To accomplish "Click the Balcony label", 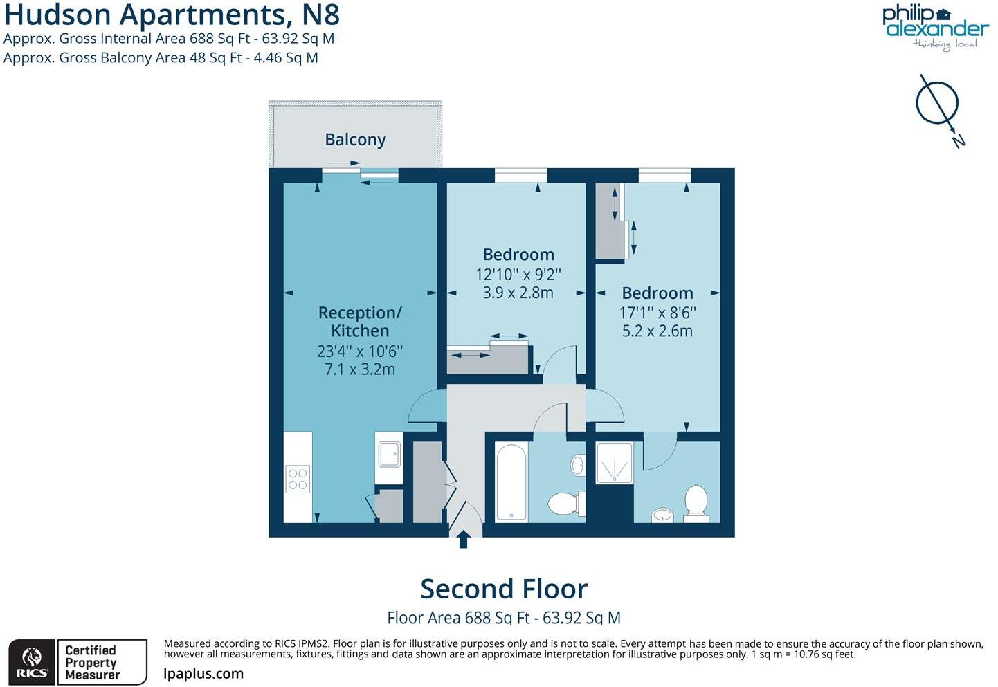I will coord(355,140).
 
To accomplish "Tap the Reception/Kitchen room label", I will coord(359,322).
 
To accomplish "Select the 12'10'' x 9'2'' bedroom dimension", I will coord(518,274).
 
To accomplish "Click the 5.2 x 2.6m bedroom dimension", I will coord(657,331).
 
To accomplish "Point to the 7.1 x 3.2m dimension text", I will coord(359,369).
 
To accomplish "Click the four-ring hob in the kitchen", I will coord(298,479).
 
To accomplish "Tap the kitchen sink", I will coord(388,454).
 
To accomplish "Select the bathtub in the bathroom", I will coord(511,483).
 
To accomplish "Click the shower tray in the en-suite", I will coord(614,462).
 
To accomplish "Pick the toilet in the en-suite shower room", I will coord(696,501).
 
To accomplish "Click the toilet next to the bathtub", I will coord(565,503).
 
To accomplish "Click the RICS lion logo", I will coord(31,662).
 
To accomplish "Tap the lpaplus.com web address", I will coord(203,674).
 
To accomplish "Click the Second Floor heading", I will coord(504,589).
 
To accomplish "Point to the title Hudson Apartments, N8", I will coord(172,14).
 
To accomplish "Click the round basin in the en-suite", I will coord(662,515).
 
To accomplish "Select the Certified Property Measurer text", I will coord(92,662).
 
